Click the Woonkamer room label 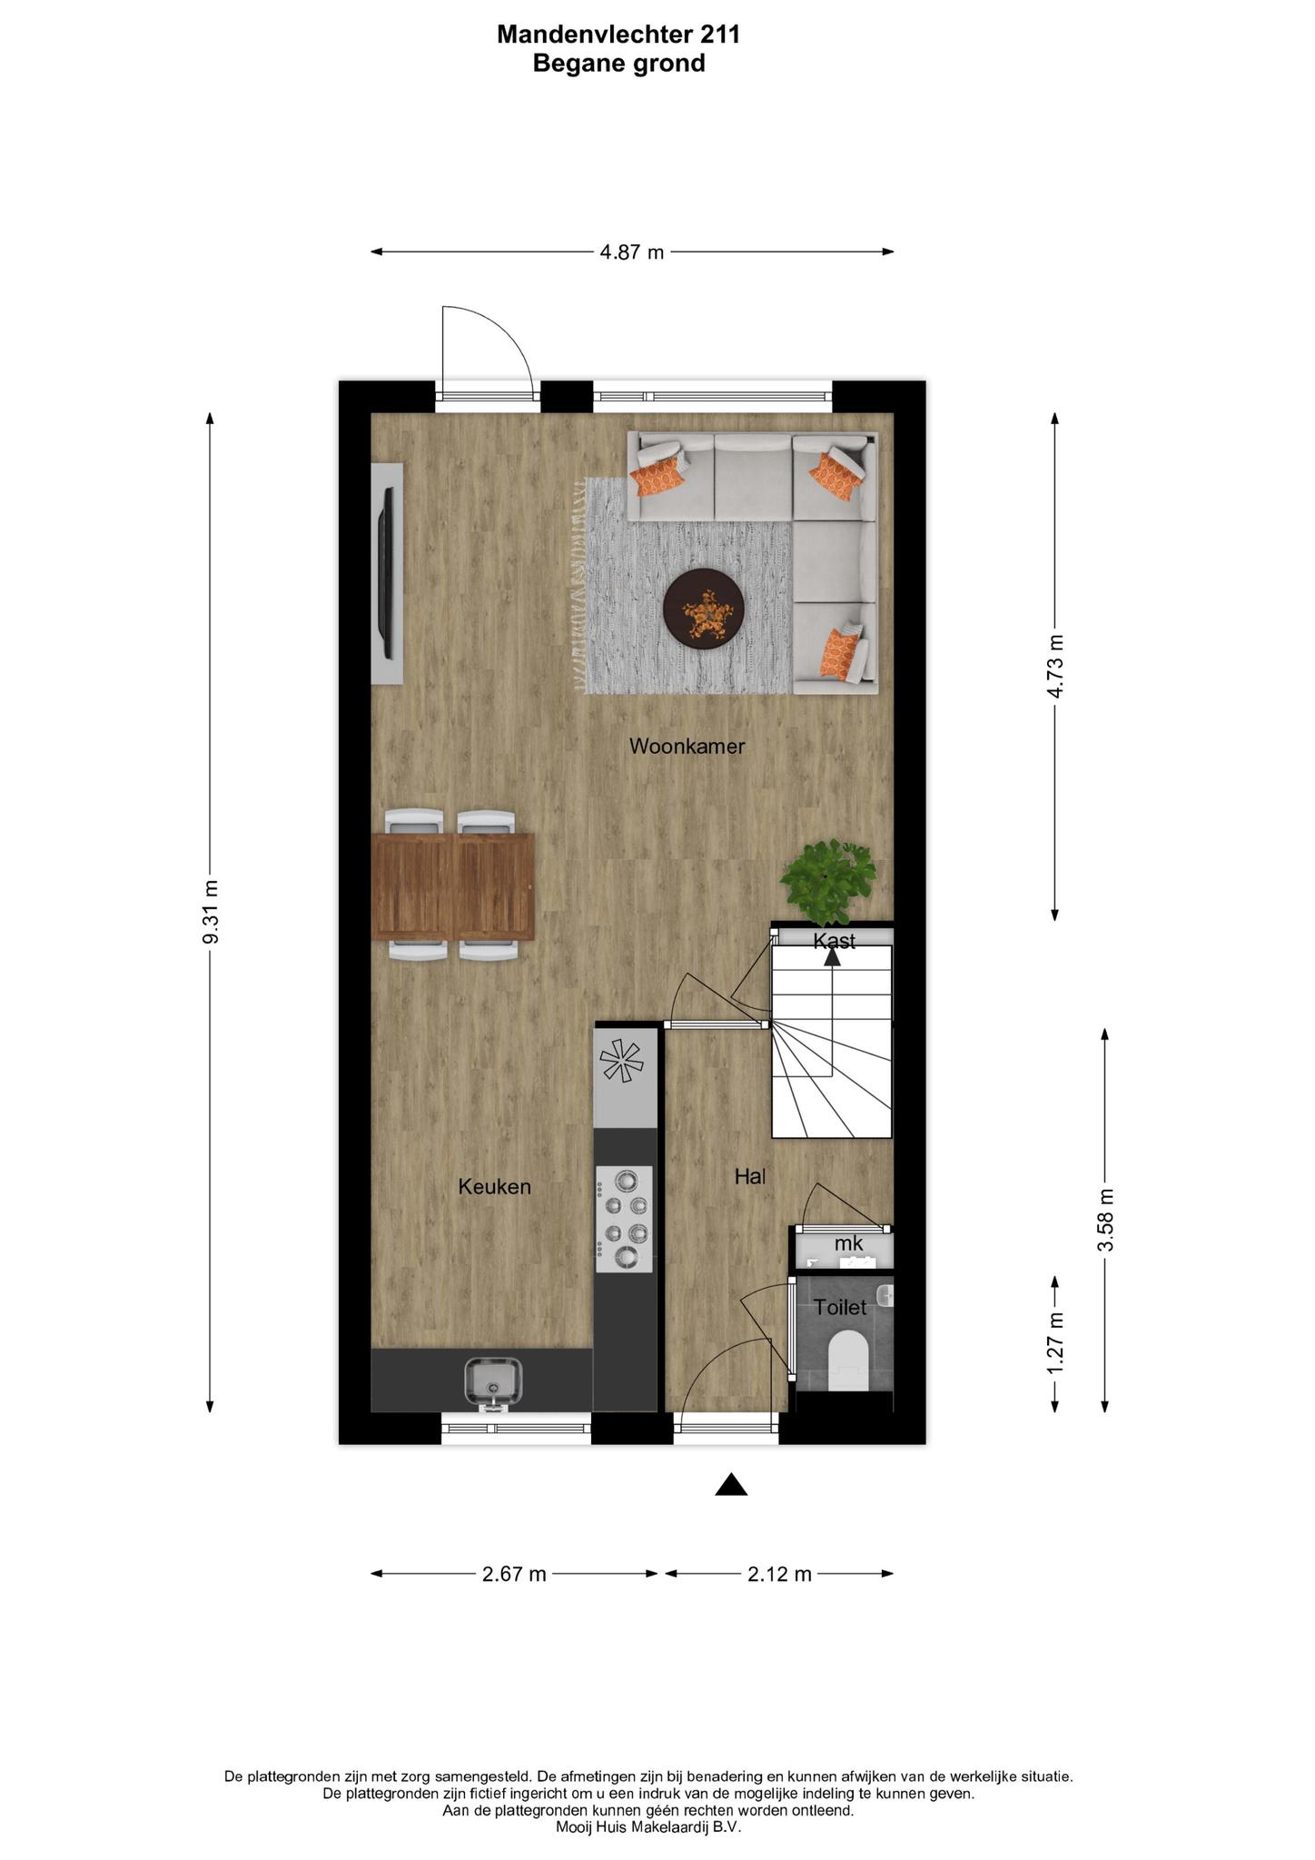pyautogui.click(x=687, y=747)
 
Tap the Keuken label pyautogui.click(x=494, y=1186)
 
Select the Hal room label pyautogui.click(x=750, y=1176)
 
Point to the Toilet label pyautogui.click(x=840, y=1307)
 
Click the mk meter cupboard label pyautogui.click(x=848, y=1242)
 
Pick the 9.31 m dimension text pyautogui.click(x=210, y=912)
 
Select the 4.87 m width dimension pyautogui.click(x=632, y=252)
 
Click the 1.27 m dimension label pyautogui.click(x=1054, y=1343)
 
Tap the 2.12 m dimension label pyautogui.click(x=779, y=1574)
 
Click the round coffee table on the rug pyautogui.click(x=705, y=609)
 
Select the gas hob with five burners pyautogui.click(x=625, y=1219)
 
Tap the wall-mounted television pyautogui.click(x=388, y=574)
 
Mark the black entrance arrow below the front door pyautogui.click(x=731, y=1484)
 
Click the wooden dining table pyautogui.click(x=452, y=886)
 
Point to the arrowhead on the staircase pyautogui.click(x=832, y=955)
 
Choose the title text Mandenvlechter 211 pyautogui.click(x=619, y=35)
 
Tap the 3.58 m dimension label pyautogui.click(x=1105, y=1220)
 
